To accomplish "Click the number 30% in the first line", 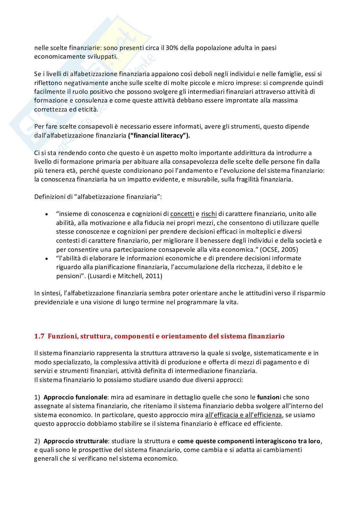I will (171, 48).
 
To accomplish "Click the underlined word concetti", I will (182, 214).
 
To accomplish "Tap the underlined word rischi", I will (209, 214).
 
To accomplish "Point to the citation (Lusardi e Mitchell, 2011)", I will (125, 276).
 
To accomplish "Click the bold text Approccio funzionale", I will (75, 397).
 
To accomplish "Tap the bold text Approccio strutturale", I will (76, 441).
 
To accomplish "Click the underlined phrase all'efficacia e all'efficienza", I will (244, 415).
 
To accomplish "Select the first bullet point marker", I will (47, 214).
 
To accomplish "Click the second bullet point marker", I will (47, 259).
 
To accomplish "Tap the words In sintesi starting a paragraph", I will (48, 293).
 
